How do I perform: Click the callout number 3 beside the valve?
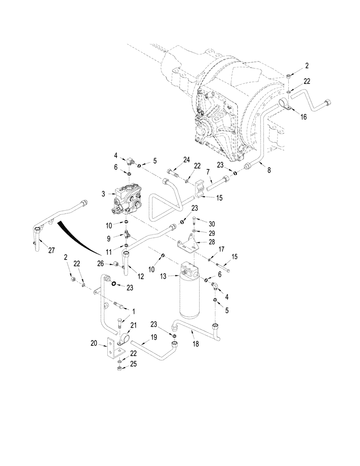(102, 192)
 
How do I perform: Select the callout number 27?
(51, 250)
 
